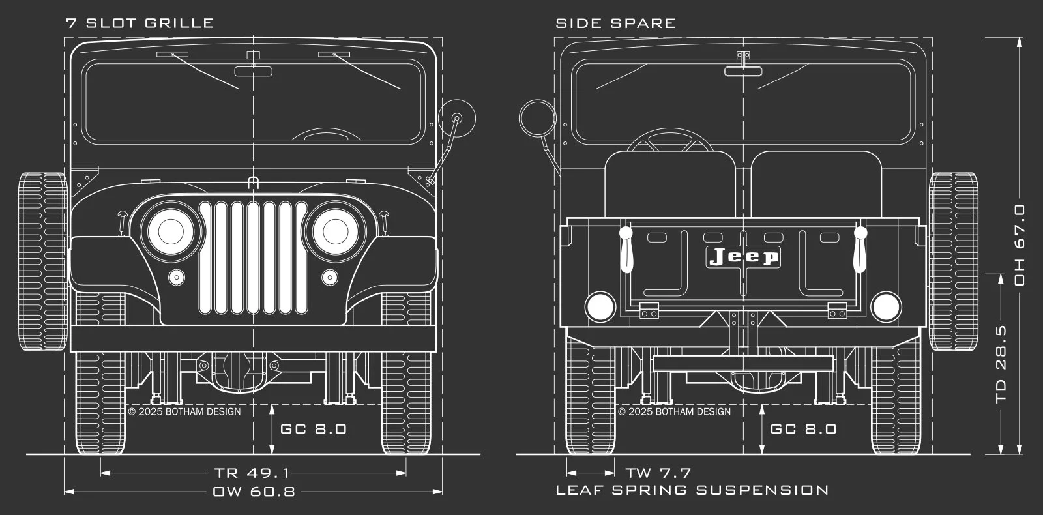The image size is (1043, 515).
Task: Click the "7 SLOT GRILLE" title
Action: (x=140, y=23)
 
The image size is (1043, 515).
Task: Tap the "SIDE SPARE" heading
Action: (x=615, y=23)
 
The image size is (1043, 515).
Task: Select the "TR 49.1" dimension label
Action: (x=252, y=473)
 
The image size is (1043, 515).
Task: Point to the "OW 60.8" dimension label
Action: (x=254, y=492)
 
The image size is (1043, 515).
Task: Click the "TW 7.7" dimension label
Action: (x=658, y=473)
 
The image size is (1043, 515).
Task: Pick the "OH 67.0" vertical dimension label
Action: (x=1020, y=245)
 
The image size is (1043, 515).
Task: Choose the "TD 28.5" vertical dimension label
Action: (x=1001, y=364)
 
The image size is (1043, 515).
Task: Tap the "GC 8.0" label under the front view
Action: (x=314, y=429)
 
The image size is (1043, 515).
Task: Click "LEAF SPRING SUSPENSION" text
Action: (x=692, y=490)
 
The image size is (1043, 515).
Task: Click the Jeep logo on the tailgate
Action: (x=743, y=257)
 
